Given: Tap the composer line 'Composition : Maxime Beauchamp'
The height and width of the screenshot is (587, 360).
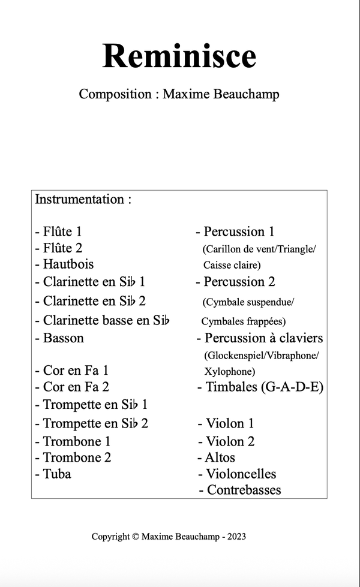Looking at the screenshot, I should (179, 94).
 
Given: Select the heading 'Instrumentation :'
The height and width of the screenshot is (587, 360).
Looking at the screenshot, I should (83, 199).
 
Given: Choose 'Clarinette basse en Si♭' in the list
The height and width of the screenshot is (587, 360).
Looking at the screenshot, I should (103, 320).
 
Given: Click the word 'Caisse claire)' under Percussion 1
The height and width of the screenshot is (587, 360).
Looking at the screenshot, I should (232, 264).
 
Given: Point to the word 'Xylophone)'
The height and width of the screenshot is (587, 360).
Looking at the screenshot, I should (230, 371).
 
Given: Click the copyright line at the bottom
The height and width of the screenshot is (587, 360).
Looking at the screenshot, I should (169, 536).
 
